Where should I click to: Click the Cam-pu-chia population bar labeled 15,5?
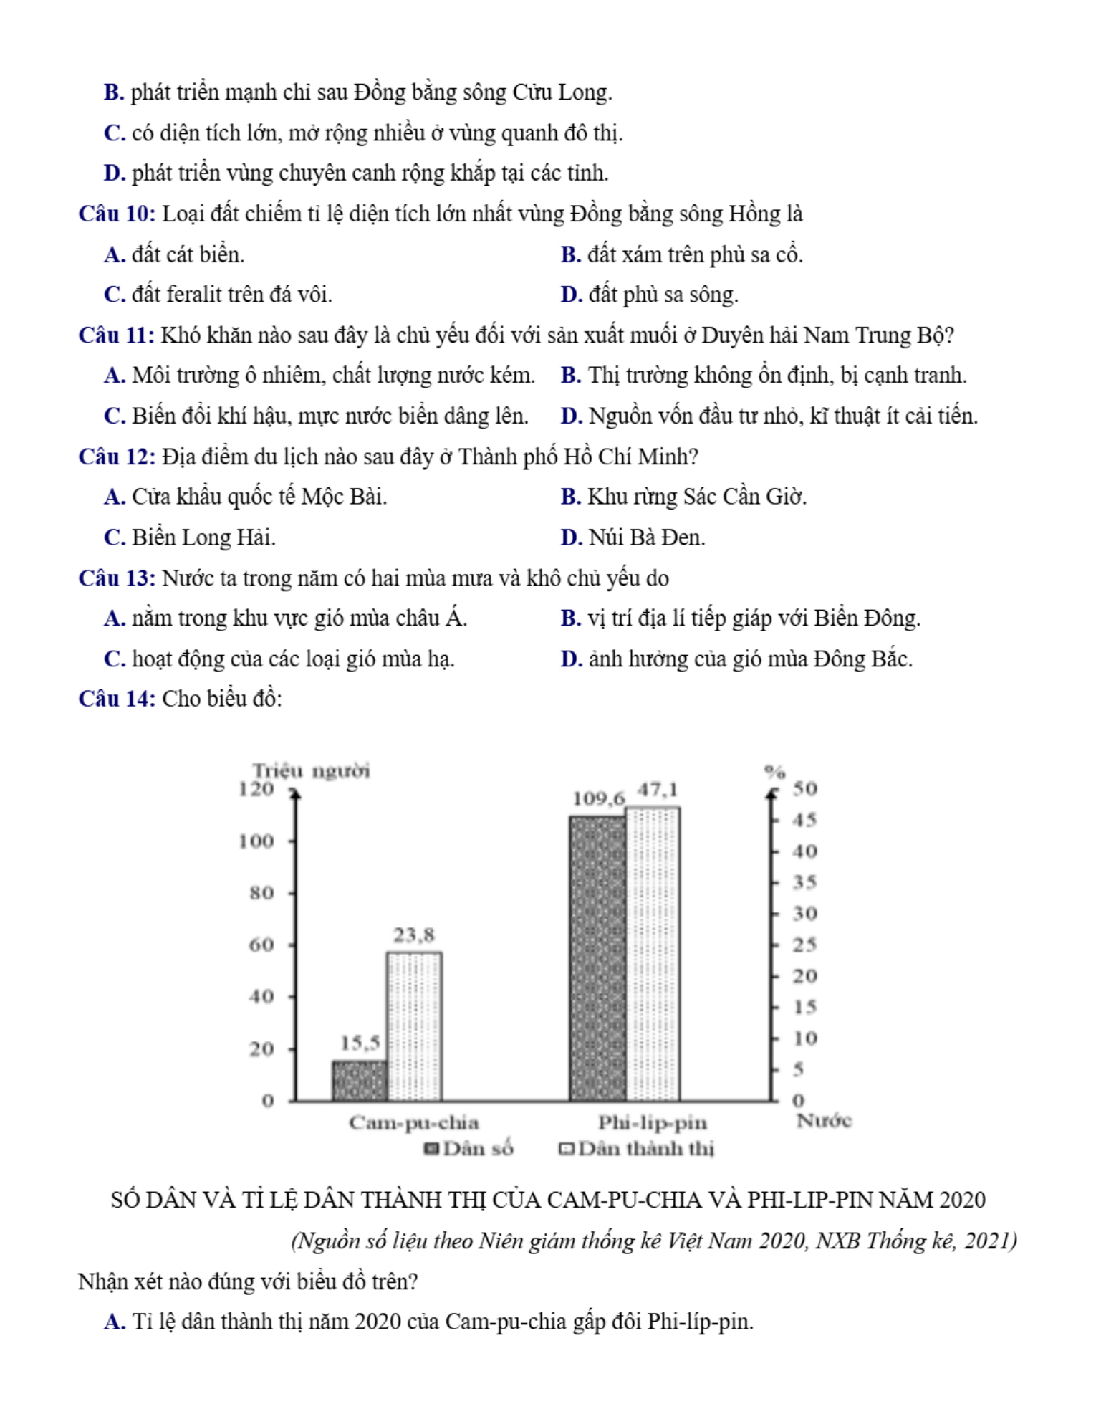[x=360, y=1080]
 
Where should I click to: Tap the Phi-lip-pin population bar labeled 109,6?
[x=597, y=957]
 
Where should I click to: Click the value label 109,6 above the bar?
[x=598, y=798]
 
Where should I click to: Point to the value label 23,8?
[x=414, y=935]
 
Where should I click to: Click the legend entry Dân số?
[x=469, y=1149]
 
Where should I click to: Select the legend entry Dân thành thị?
[x=637, y=1149]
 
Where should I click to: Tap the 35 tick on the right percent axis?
[x=804, y=882]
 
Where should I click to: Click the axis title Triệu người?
[x=312, y=771]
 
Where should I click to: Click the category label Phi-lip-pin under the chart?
[x=653, y=1122]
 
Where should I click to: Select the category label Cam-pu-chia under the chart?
[x=414, y=1122]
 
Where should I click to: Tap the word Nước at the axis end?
[x=824, y=1121]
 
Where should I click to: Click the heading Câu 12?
[x=117, y=457]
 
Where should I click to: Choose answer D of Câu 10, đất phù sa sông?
[x=650, y=295]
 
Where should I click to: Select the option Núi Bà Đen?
[x=633, y=537]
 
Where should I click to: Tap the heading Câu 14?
[x=117, y=699]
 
